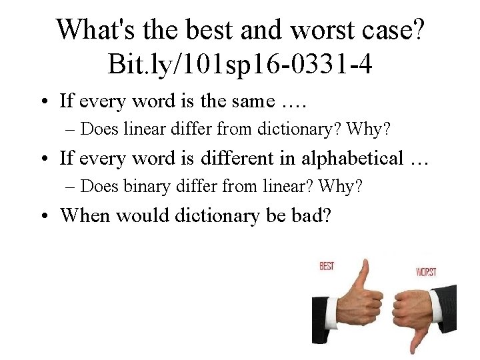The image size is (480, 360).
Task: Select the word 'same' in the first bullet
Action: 251,101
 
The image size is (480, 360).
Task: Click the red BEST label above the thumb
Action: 327,266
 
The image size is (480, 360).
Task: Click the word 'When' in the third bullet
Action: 84,215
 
